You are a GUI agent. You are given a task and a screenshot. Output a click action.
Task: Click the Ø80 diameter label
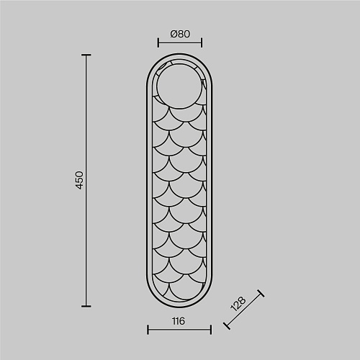pos(180,34)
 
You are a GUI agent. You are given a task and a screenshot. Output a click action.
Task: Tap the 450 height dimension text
pos(79,180)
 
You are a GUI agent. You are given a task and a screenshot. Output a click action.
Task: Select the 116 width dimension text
pos(179,321)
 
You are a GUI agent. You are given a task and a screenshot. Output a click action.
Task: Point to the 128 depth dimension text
pos(238,304)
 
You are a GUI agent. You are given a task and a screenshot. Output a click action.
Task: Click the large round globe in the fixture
pos(179,86)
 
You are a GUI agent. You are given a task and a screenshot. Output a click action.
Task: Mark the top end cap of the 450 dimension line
pos(86,55)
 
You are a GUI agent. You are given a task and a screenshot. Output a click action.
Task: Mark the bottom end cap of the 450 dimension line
pos(86,306)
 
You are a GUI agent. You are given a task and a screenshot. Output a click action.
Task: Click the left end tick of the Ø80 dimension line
pos(158,42)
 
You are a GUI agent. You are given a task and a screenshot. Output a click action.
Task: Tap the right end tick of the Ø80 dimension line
pos(202,42)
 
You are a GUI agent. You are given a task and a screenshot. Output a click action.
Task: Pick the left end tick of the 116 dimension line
pos(148,330)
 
